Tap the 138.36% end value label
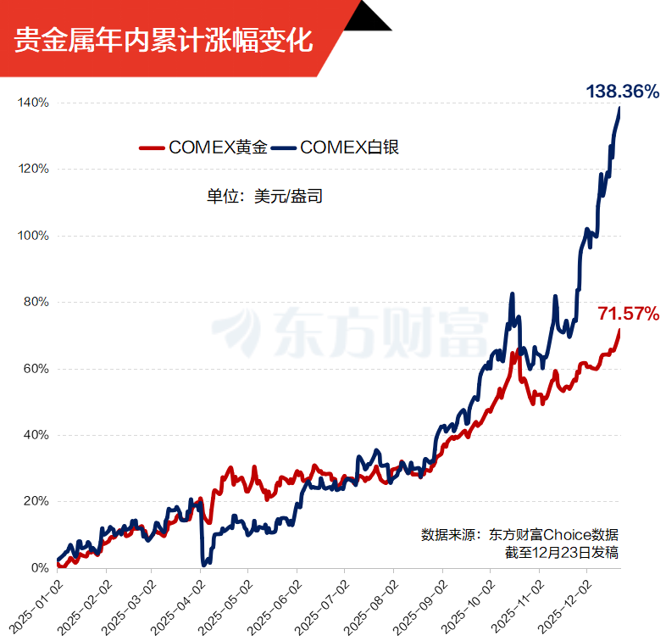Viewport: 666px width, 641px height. pyautogui.click(x=622, y=92)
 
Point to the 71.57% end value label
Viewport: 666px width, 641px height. pyautogui.click(x=628, y=314)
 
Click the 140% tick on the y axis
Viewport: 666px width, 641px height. pyautogui.click(x=33, y=103)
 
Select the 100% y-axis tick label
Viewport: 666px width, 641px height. pyautogui.click(x=33, y=236)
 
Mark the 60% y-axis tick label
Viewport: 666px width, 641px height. pyautogui.click(x=36, y=369)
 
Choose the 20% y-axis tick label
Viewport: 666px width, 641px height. pyautogui.click(x=36, y=501)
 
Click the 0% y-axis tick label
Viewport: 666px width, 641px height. pyautogui.click(x=39, y=568)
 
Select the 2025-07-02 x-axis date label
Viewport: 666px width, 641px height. pyautogui.click(x=330, y=604)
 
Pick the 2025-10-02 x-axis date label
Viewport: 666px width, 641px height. pyautogui.click(x=476, y=604)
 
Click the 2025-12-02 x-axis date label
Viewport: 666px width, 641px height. pyautogui.click(x=573, y=604)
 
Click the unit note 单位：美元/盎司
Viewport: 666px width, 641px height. pyautogui.click(x=264, y=197)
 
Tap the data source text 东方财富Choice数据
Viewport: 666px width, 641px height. pyautogui.click(x=551, y=535)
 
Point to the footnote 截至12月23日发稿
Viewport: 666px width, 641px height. pyautogui.click(x=561, y=553)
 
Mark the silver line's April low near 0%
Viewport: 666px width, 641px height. pyautogui.click(x=205, y=562)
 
